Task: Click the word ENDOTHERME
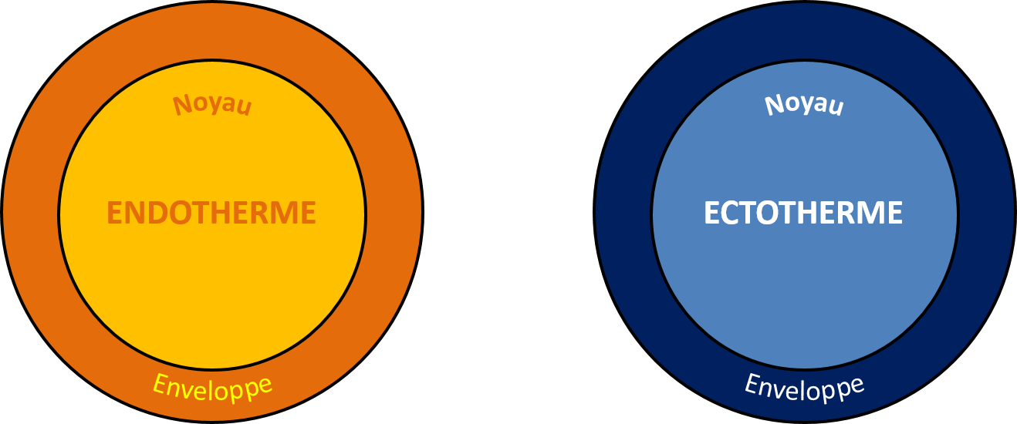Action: point(211,213)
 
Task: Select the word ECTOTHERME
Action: point(803,213)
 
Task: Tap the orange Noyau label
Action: point(212,105)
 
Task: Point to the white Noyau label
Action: point(804,105)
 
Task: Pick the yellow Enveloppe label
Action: point(212,389)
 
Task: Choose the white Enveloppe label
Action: point(805,389)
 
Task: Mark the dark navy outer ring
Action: point(622,212)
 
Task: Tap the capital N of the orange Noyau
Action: point(183,106)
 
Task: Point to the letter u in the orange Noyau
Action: point(245,107)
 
